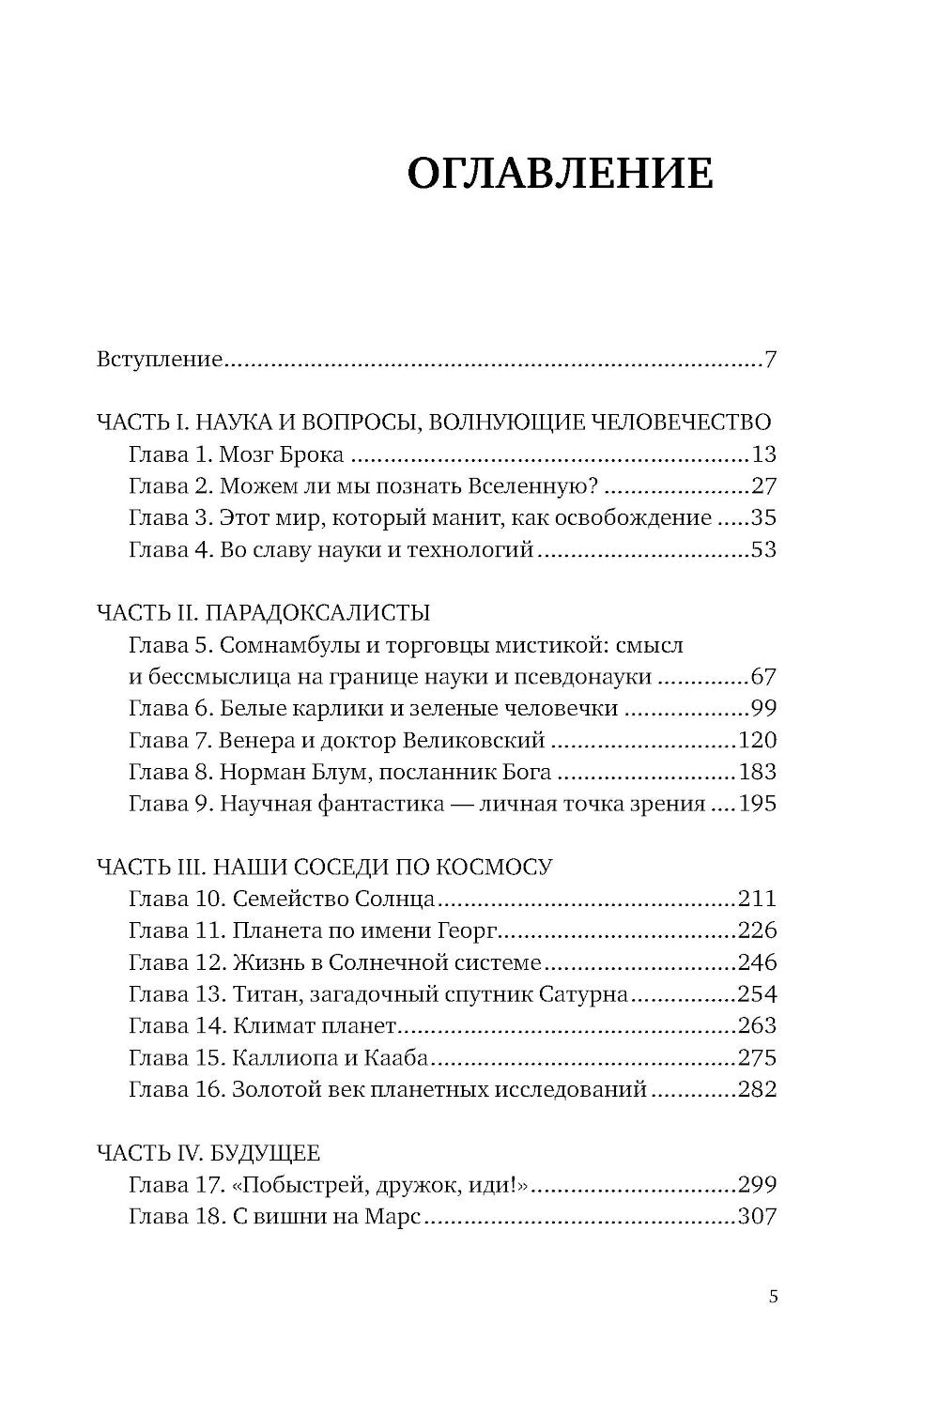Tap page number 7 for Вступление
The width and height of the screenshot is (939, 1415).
coord(770,360)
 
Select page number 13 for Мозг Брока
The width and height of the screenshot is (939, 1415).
coord(763,455)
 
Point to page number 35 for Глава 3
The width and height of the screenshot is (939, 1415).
coord(763,518)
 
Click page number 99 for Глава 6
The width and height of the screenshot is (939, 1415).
coord(763,709)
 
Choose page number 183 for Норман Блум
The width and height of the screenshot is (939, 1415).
coord(758,773)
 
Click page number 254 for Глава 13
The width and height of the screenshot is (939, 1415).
coord(758,994)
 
